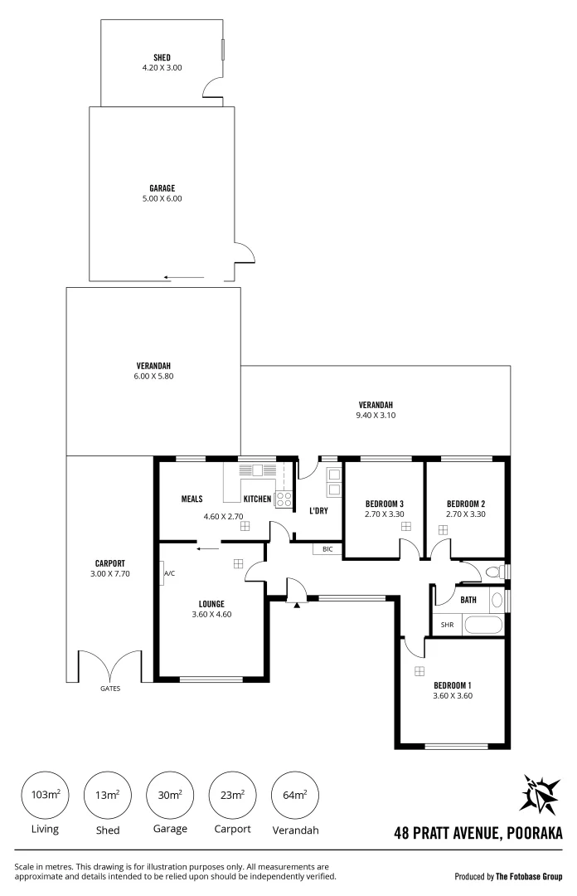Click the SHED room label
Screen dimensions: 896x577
tap(162, 57)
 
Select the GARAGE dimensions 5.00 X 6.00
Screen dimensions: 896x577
tap(162, 198)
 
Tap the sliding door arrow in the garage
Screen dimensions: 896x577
tap(183, 278)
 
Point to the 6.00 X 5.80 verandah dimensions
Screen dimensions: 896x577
tap(153, 376)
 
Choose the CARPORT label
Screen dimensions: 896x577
tap(109, 562)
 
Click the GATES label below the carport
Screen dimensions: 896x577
tap(110, 688)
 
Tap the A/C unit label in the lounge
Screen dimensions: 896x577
tap(169, 573)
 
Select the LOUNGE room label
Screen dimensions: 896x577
tap(211, 603)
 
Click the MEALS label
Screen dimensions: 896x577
tap(192, 499)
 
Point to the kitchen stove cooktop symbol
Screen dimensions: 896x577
tap(284, 499)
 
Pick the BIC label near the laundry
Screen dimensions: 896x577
tap(327, 548)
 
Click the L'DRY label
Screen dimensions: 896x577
tap(319, 510)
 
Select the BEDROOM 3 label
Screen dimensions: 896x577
tap(384, 504)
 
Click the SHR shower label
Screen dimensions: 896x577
tap(447, 625)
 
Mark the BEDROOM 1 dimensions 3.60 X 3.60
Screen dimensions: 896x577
tap(452, 696)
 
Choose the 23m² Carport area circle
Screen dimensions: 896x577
tap(232, 795)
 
